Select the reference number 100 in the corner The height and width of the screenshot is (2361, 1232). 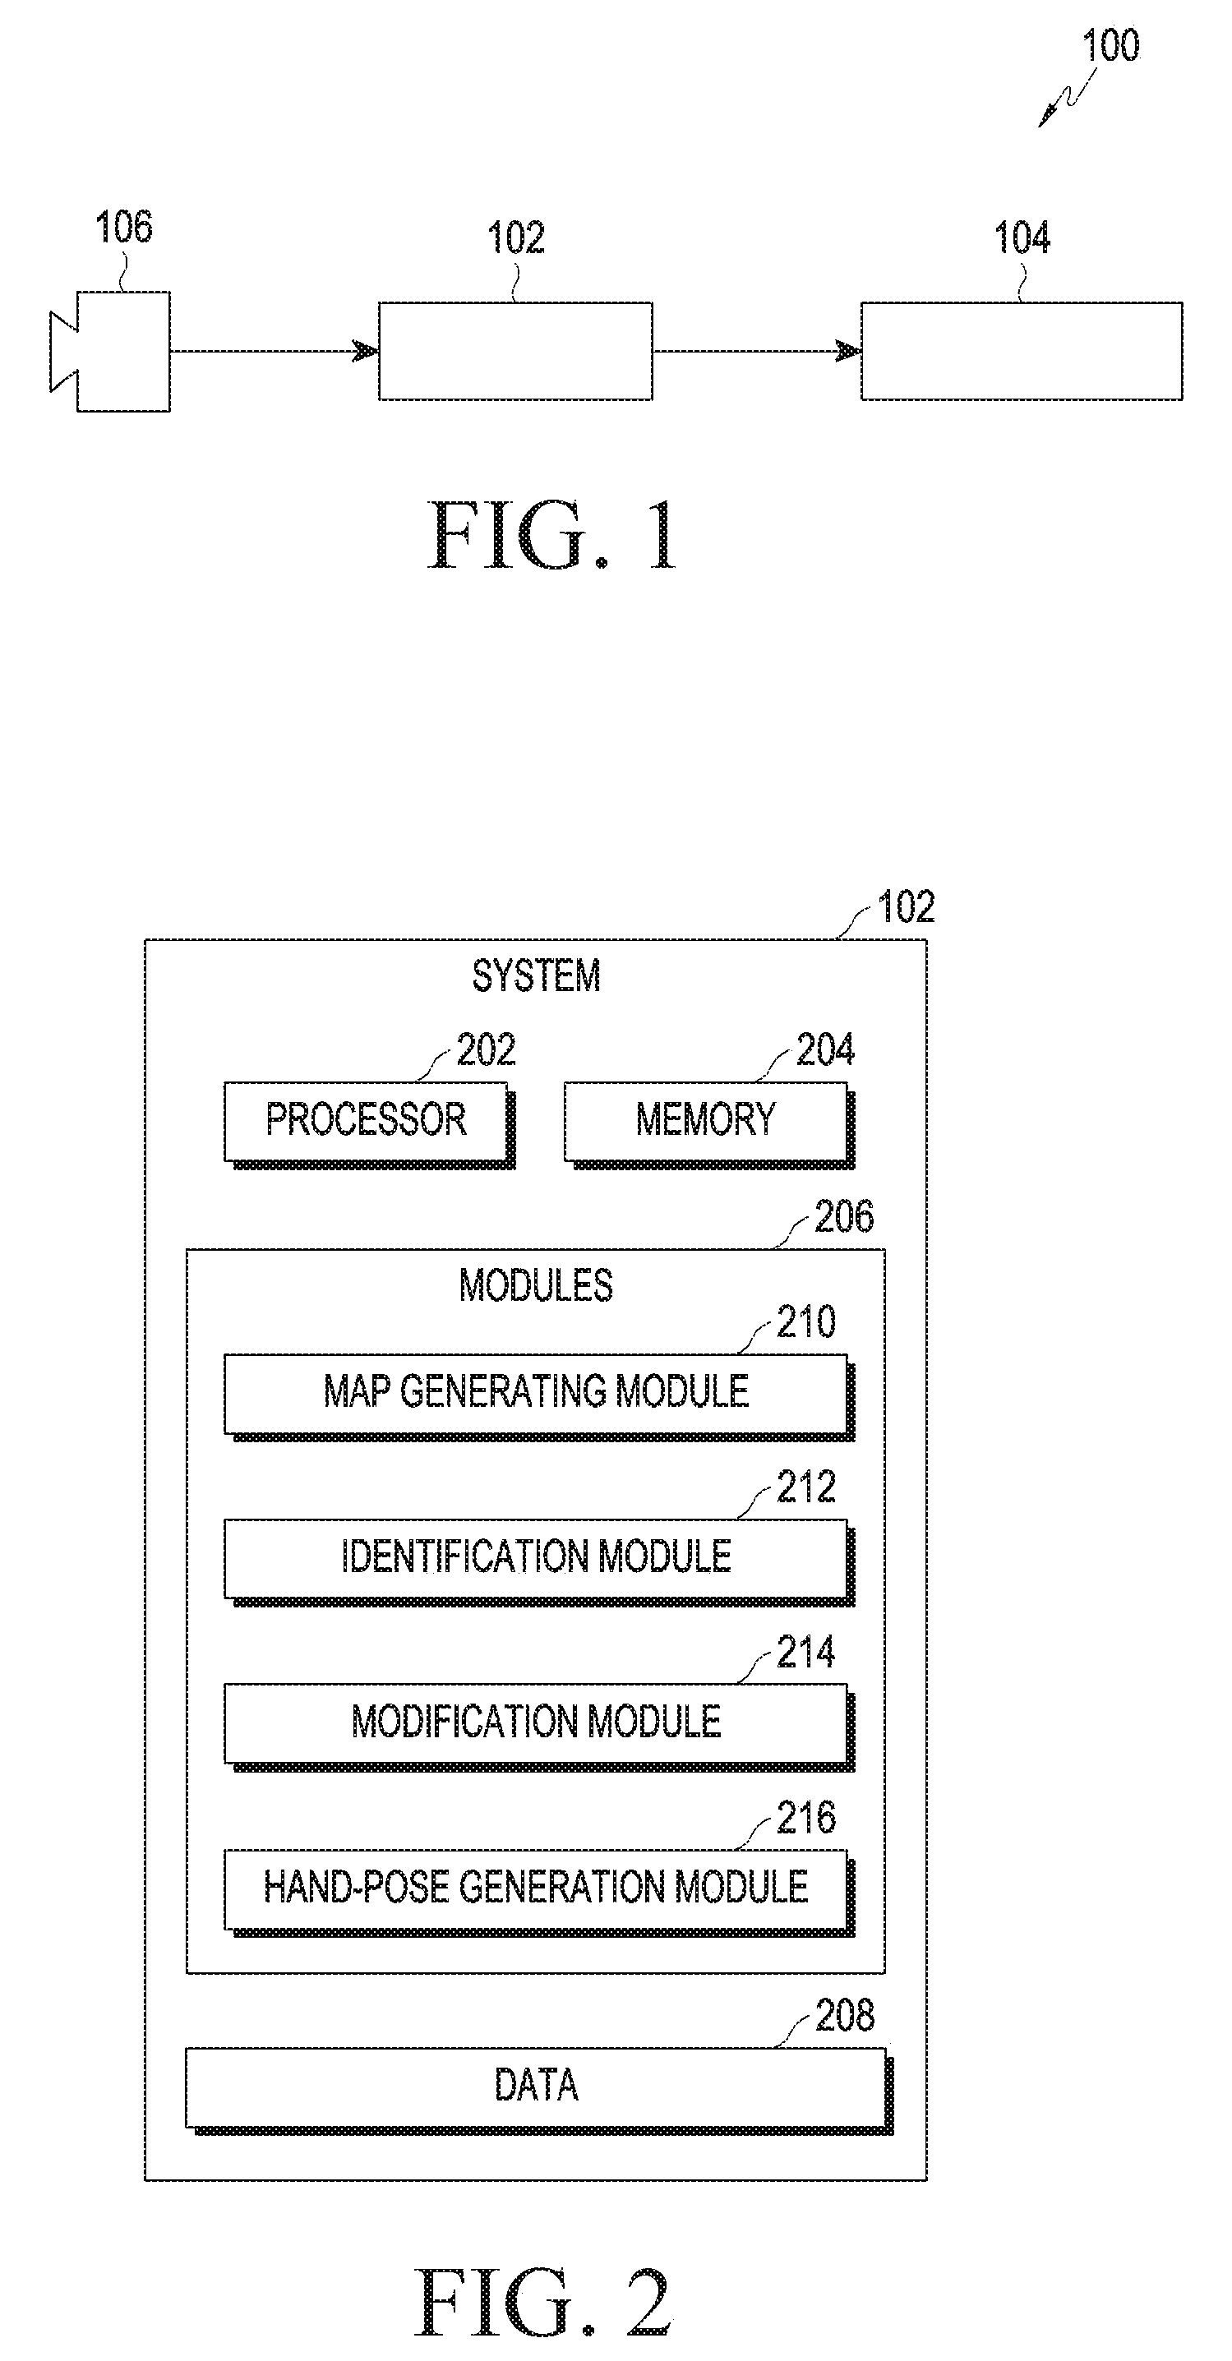tap(1110, 45)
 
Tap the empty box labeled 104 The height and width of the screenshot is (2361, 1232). tap(1021, 351)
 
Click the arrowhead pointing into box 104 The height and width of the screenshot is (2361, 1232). tap(848, 351)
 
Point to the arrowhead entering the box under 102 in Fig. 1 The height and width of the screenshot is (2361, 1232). tap(366, 351)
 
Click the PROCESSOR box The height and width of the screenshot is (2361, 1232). tap(369, 1124)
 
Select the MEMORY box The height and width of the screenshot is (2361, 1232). tap(708, 1124)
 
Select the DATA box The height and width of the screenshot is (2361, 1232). tap(539, 2091)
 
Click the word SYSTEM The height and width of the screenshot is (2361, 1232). tap(536, 975)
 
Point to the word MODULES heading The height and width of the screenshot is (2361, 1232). tap(536, 1285)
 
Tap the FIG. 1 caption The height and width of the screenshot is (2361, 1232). tap(554, 535)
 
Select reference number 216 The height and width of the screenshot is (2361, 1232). tap(805, 1818)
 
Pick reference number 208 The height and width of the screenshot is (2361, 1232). tap(844, 2016)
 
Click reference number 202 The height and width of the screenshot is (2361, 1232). tap(486, 1049)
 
